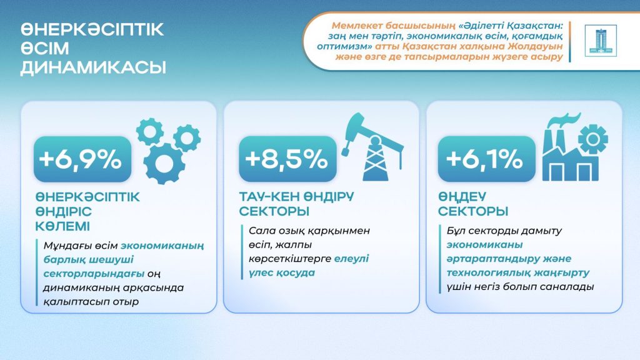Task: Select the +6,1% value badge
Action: pos(484,159)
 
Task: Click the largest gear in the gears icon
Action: pos(164,162)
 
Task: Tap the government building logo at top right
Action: pos(600,41)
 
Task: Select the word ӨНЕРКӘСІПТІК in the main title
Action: pos(92,30)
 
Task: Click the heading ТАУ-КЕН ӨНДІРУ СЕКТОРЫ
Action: pos(297,204)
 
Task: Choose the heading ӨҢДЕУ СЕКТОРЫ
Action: pos(472,204)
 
